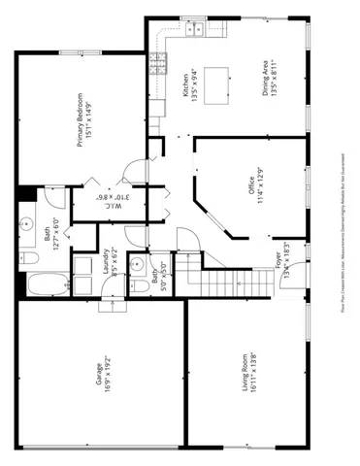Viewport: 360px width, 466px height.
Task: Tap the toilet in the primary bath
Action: (x=29, y=258)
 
